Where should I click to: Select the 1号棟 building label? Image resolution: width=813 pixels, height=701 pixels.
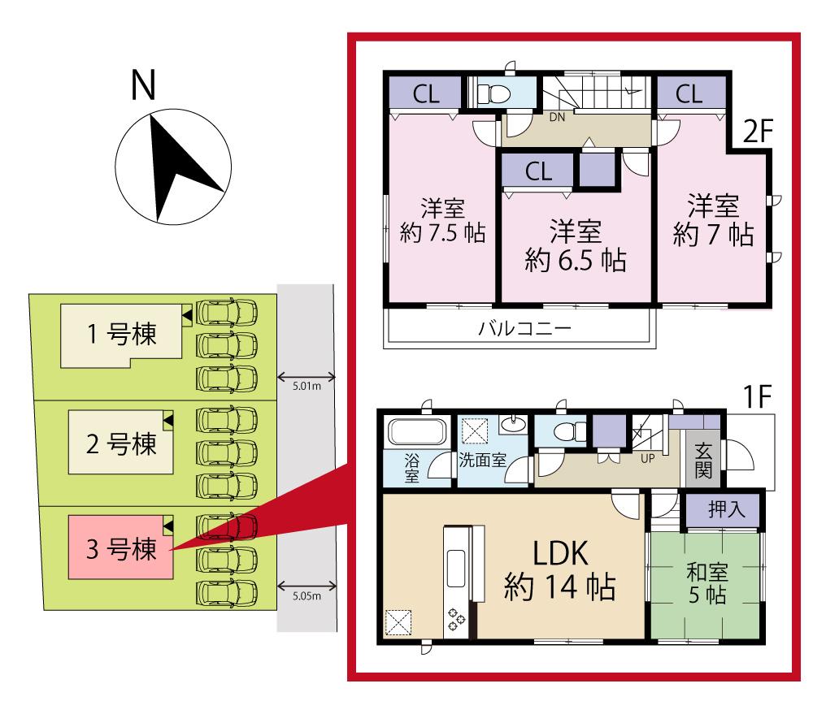pos(122,334)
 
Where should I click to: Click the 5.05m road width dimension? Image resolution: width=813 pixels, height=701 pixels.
pos(307,596)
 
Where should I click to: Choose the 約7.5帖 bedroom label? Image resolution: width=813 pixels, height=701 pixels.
pos(442,221)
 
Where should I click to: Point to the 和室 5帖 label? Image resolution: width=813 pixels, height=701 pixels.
pos(705,582)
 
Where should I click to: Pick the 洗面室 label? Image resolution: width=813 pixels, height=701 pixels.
pos(482,459)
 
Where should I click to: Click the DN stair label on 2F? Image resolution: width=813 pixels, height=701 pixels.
pos(557,117)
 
